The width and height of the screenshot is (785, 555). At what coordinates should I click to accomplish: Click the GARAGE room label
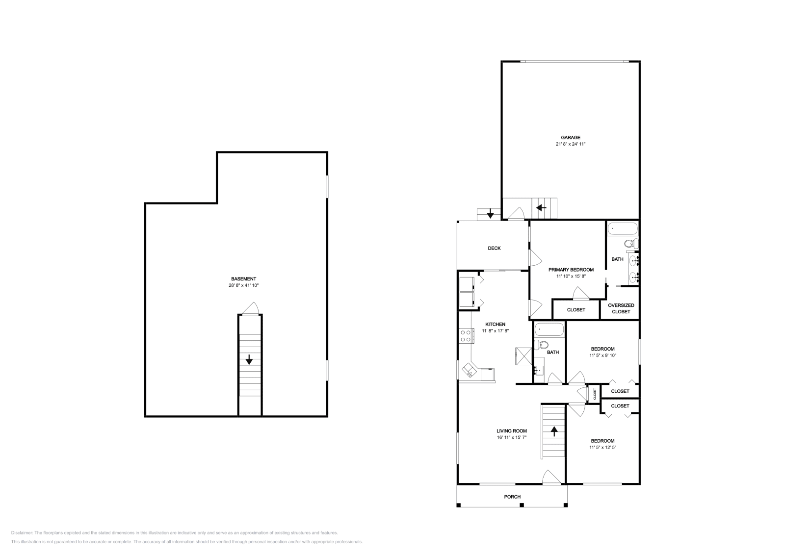click(x=571, y=138)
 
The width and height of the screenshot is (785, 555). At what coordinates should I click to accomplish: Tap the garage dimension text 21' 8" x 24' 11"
click(x=571, y=144)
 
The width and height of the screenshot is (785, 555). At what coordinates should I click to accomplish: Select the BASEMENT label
click(x=244, y=279)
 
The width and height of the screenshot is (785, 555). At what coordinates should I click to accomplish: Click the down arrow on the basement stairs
click(x=249, y=359)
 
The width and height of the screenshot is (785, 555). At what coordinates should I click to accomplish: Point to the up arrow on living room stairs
click(x=554, y=431)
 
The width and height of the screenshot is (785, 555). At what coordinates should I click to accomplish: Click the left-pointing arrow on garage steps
click(x=541, y=208)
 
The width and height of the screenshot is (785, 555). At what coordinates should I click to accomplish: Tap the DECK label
click(x=494, y=248)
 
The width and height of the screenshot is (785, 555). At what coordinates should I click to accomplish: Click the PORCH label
click(x=512, y=497)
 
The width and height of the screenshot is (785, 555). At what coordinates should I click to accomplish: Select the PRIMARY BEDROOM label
click(x=571, y=270)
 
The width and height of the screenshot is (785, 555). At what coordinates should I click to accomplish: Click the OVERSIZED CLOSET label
click(x=621, y=308)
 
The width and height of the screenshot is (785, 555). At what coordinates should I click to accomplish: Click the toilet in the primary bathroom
click(x=631, y=243)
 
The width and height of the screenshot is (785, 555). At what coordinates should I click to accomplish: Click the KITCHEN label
click(x=495, y=325)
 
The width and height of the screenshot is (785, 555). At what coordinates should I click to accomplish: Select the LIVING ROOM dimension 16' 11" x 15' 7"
click(x=511, y=437)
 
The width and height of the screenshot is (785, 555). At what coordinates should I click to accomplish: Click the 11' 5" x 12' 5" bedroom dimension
click(x=602, y=447)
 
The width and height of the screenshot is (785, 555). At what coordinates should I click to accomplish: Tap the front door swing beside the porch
click(x=551, y=477)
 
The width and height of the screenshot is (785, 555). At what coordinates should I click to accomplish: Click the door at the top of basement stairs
click(x=250, y=308)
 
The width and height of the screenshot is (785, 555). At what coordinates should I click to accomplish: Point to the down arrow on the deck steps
click(x=490, y=214)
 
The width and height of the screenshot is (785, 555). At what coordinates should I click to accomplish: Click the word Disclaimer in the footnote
click(x=22, y=532)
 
